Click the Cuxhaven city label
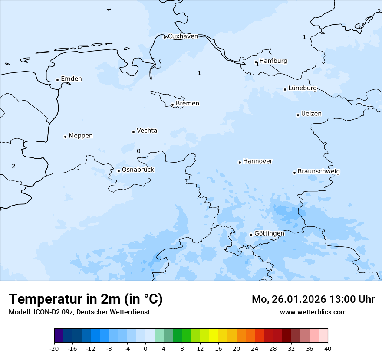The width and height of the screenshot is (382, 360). [183, 36]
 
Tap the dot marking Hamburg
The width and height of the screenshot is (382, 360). [256, 62]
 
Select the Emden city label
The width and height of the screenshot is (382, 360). [71, 79]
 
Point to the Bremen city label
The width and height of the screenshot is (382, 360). [188, 104]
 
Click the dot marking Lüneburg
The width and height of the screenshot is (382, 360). [285, 89]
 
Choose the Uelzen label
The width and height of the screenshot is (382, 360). [311, 114]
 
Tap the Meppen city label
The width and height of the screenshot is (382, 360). [81, 136]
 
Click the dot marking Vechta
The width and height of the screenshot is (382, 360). [133, 132]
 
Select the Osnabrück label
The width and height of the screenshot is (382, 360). [138, 170]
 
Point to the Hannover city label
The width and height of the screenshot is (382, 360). [257, 161]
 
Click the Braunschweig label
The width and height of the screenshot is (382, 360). [319, 172]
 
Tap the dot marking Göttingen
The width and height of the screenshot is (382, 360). [251, 235]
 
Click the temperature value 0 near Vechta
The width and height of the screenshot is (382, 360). [138, 151]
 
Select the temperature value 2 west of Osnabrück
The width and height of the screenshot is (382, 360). [13, 166]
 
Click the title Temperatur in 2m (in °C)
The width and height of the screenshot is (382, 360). [86, 299]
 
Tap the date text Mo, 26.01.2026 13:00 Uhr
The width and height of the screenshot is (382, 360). [313, 299]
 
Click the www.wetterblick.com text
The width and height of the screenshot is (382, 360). [313, 312]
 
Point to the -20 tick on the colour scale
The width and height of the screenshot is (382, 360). [54, 348]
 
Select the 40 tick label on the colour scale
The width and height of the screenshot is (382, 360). [327, 348]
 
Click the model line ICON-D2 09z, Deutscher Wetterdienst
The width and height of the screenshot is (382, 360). [79, 312]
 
